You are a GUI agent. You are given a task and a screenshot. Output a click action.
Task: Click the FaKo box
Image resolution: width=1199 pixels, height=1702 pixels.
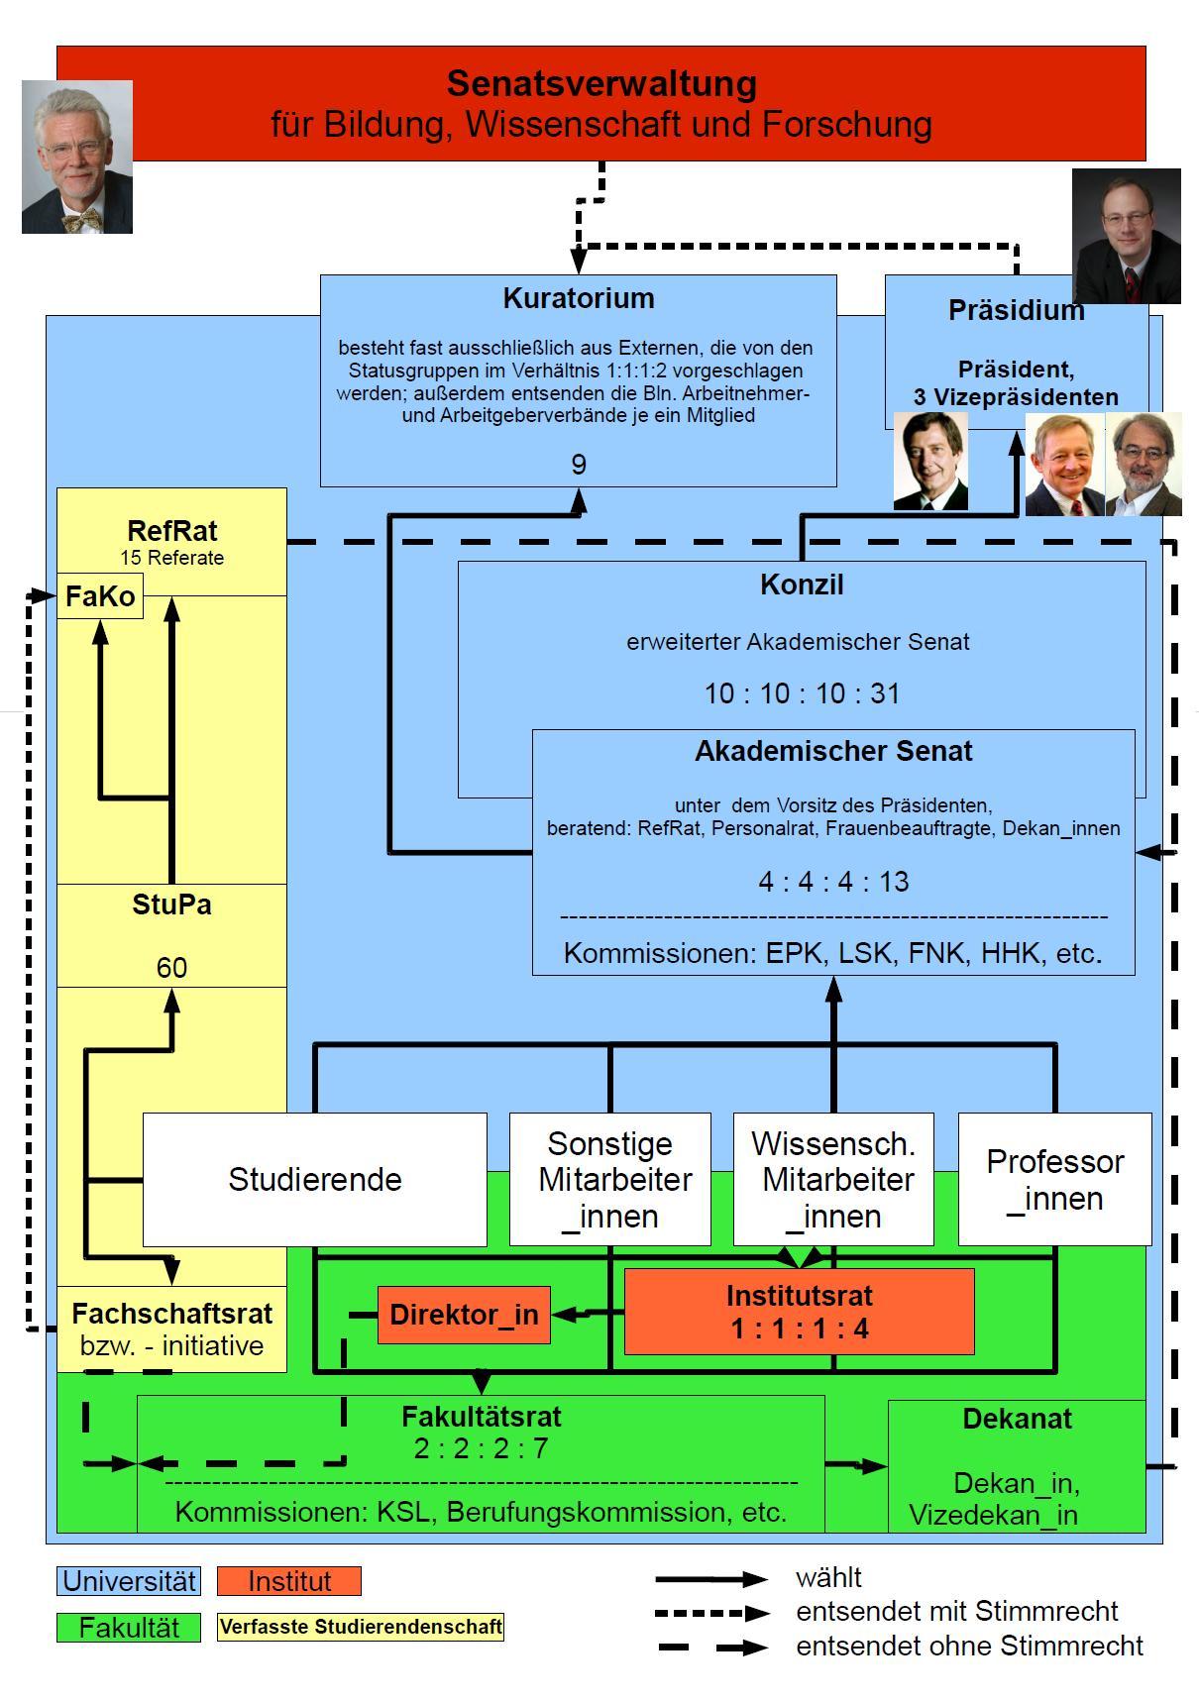point(99,596)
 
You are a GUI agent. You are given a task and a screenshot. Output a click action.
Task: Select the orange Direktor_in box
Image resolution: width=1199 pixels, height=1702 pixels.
point(464,1315)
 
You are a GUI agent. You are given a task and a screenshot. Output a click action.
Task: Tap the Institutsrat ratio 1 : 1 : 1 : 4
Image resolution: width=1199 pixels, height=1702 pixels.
point(800,1329)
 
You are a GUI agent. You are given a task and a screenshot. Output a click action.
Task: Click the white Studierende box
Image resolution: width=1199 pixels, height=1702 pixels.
point(315,1179)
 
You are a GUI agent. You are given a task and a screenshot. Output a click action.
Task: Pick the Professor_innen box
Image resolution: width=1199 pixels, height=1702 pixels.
point(1054,1179)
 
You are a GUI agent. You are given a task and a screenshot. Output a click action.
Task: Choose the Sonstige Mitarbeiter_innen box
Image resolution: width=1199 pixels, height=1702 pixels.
point(609,1179)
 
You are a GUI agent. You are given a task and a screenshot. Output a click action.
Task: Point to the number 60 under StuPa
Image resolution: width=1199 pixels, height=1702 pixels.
point(171,968)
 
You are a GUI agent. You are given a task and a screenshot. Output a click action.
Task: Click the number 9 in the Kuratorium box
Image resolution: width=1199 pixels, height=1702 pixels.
point(579,465)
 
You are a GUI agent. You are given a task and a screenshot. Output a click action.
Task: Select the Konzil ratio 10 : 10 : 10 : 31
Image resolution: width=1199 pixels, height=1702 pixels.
point(802,693)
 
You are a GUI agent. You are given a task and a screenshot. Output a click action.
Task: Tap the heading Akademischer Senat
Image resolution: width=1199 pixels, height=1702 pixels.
point(833,751)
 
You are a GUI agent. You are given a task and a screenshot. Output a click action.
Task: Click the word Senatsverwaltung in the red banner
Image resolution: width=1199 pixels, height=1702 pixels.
point(601,84)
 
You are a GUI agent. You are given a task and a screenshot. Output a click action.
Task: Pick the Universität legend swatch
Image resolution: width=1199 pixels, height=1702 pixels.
point(128,1581)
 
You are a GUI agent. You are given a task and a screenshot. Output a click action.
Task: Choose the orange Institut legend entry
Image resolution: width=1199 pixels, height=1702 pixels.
point(289,1581)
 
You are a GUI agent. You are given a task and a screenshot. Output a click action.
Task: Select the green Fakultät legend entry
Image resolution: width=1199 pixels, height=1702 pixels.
point(128,1628)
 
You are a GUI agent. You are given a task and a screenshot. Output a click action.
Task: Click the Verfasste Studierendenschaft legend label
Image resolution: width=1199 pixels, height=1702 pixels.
point(361,1627)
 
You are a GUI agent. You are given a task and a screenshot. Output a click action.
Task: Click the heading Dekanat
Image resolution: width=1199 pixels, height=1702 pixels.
point(1017,1419)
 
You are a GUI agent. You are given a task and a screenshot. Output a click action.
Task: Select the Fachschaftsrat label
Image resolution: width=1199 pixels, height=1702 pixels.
point(171,1314)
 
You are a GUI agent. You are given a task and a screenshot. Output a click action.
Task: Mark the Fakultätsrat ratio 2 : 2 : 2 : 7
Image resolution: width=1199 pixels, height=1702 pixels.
point(481,1448)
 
